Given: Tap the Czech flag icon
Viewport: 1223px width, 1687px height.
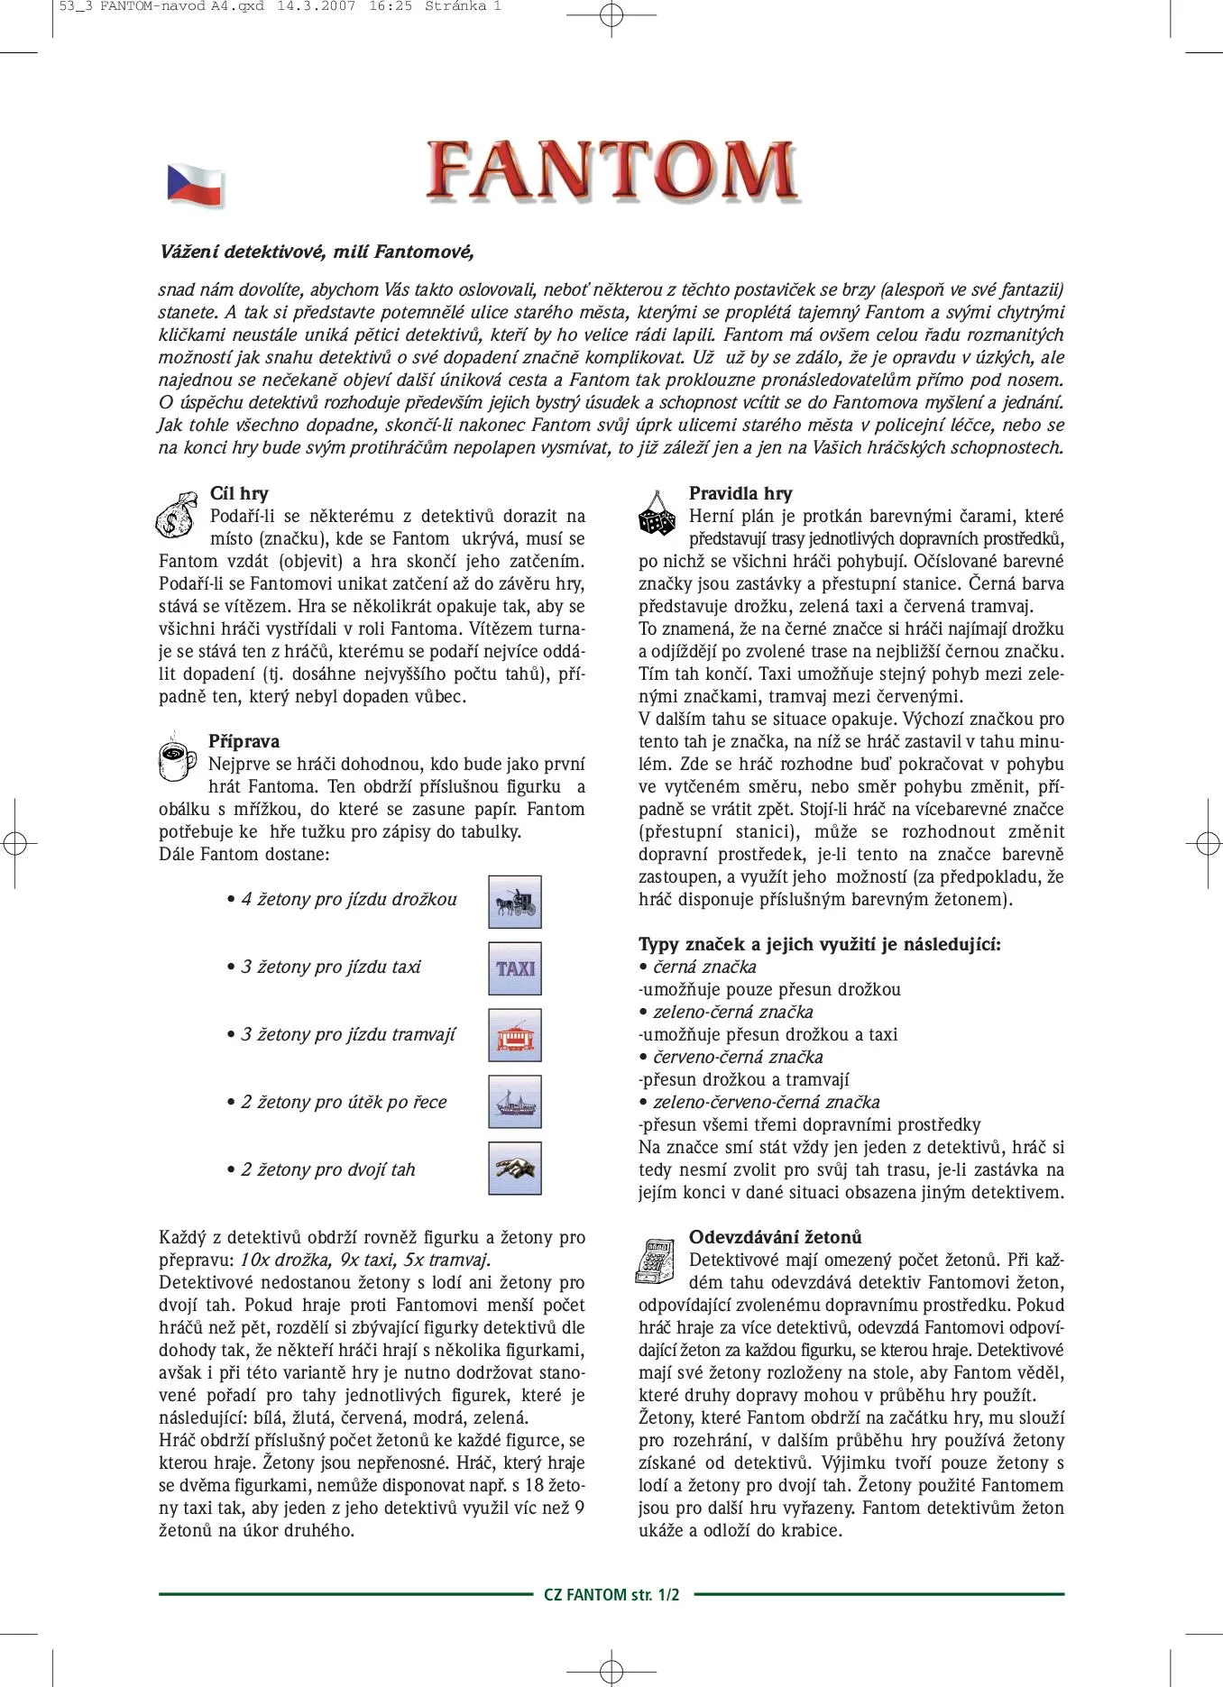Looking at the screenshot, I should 195,185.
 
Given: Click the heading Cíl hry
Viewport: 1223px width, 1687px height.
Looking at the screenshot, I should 239,493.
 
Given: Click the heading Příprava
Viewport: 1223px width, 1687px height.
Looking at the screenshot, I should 244,741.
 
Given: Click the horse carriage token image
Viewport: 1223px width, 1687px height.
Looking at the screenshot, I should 515,902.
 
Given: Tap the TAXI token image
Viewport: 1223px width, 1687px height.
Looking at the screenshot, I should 515,968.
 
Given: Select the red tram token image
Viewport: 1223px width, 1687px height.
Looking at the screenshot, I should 515,1035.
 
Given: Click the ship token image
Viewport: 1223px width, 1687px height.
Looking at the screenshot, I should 515,1102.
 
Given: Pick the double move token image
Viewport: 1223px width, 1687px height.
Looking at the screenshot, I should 515,1169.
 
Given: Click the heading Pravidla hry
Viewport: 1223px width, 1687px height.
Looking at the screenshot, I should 740,493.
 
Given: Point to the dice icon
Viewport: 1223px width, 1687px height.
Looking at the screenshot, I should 656,515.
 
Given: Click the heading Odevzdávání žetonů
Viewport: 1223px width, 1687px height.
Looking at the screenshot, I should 775,1237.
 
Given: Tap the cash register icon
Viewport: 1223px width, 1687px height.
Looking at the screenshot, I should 656,1260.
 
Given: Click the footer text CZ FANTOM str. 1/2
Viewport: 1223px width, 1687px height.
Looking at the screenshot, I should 611,1594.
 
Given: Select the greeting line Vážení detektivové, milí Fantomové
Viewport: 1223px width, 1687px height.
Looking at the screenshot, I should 317,252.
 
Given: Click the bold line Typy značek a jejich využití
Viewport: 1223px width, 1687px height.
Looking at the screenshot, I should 819,944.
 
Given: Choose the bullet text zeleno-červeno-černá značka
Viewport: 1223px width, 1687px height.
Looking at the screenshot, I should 766,1102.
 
